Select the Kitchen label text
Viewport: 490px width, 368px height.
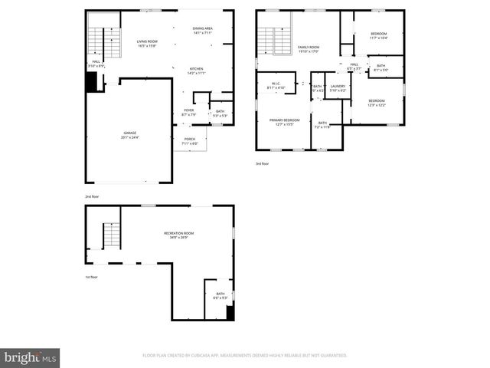click(x=197, y=71)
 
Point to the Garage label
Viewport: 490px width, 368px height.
click(x=129, y=135)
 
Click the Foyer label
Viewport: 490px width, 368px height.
click(x=188, y=113)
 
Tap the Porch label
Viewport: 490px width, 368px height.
click(x=190, y=141)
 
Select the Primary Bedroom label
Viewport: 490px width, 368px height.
click(x=284, y=121)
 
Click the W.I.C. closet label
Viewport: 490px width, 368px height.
click(x=275, y=86)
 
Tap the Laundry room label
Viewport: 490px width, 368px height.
click(x=338, y=88)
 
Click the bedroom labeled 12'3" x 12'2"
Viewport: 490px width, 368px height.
click(x=376, y=103)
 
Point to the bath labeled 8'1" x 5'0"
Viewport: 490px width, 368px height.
click(x=381, y=67)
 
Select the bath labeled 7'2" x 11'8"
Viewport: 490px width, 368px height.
click(x=323, y=124)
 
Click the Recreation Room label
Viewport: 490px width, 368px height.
click(x=178, y=235)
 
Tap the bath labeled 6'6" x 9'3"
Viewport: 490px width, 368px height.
click(x=220, y=295)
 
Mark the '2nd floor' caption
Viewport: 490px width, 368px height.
click(x=92, y=196)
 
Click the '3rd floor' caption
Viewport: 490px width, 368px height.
click(x=263, y=163)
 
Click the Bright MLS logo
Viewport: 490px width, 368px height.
click(x=30, y=357)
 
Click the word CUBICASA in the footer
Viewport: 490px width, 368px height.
click(x=218, y=355)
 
